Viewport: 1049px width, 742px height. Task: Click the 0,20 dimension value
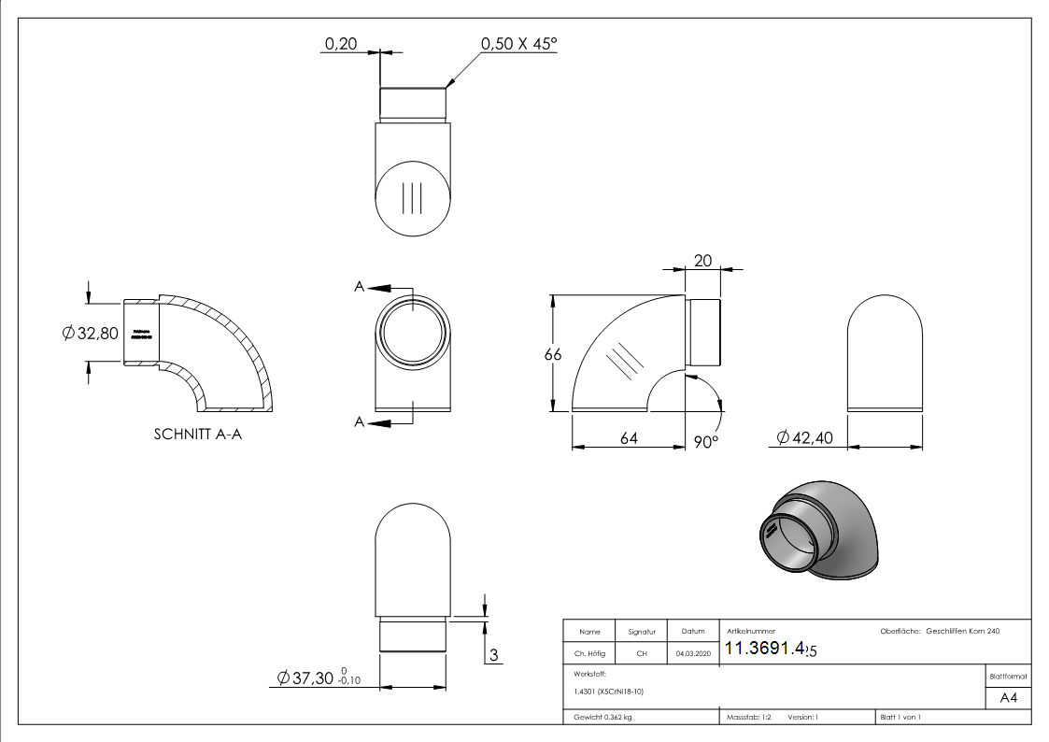click(x=340, y=44)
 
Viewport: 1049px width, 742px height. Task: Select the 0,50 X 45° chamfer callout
click(x=518, y=44)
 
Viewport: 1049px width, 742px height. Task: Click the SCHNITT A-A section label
click(x=197, y=435)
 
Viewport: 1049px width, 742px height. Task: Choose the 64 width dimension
click(x=629, y=437)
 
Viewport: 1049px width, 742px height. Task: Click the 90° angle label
click(x=705, y=440)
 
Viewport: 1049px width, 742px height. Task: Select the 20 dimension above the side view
click(x=702, y=262)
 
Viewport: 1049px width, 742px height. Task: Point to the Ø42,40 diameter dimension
click(x=804, y=437)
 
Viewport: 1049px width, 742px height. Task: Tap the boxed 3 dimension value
click(x=491, y=653)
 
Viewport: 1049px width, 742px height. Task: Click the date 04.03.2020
click(x=692, y=654)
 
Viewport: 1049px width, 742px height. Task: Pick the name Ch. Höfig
click(x=588, y=654)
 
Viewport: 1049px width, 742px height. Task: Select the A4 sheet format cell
click(x=1008, y=697)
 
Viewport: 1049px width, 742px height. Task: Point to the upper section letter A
click(x=359, y=287)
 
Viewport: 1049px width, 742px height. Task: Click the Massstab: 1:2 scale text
click(x=748, y=717)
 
